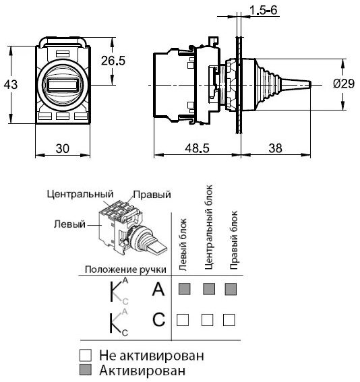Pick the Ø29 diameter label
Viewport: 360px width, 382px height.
coord(344,84)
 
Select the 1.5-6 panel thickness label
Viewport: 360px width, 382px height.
coord(263,9)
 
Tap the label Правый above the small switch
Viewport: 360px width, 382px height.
coord(151,195)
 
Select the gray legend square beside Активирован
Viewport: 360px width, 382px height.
coord(85,370)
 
